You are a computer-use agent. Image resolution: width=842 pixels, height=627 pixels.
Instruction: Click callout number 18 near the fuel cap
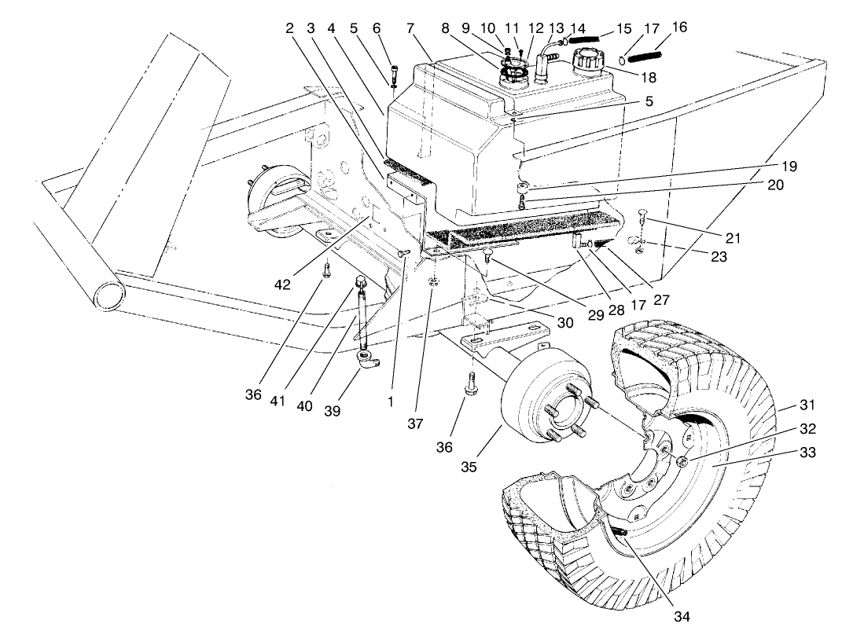pos(649,78)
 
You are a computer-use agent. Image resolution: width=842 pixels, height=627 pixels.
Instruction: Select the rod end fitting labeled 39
pos(367,360)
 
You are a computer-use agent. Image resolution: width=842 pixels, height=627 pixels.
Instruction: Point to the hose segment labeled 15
pos(585,37)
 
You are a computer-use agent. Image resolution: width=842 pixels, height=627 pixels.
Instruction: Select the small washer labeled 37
pos(434,281)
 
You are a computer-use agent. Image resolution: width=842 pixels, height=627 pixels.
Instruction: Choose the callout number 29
pos(595,315)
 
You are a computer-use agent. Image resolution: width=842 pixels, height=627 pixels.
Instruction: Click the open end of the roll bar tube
pos(109,297)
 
